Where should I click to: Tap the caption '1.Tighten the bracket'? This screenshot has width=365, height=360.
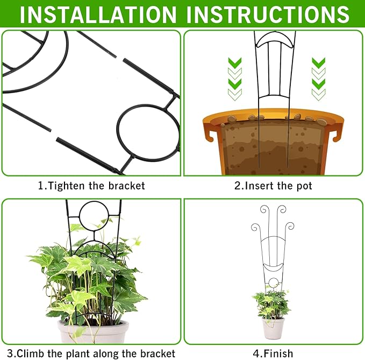91,186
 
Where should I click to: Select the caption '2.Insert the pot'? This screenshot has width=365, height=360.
273,186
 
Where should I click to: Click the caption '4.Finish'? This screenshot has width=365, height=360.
274,353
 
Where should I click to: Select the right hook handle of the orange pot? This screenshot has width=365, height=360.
338,134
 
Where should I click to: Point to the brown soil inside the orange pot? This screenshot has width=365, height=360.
273,148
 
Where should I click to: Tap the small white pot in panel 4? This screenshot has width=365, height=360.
274,328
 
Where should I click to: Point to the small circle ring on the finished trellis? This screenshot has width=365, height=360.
274,283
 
